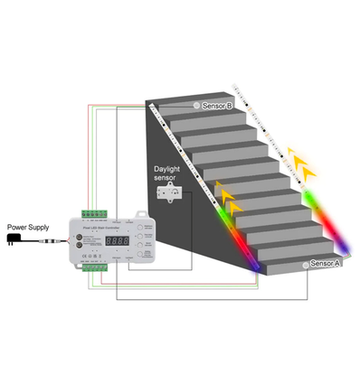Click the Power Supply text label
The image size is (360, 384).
pyautogui.click(x=28, y=227)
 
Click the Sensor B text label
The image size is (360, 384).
pyautogui.click(x=217, y=106)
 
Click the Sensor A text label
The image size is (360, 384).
pyautogui.click(x=325, y=264)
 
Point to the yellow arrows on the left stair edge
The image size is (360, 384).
pyautogui.click(x=229, y=197)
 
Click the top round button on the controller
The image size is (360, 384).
pyautogui.click(x=142, y=229)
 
